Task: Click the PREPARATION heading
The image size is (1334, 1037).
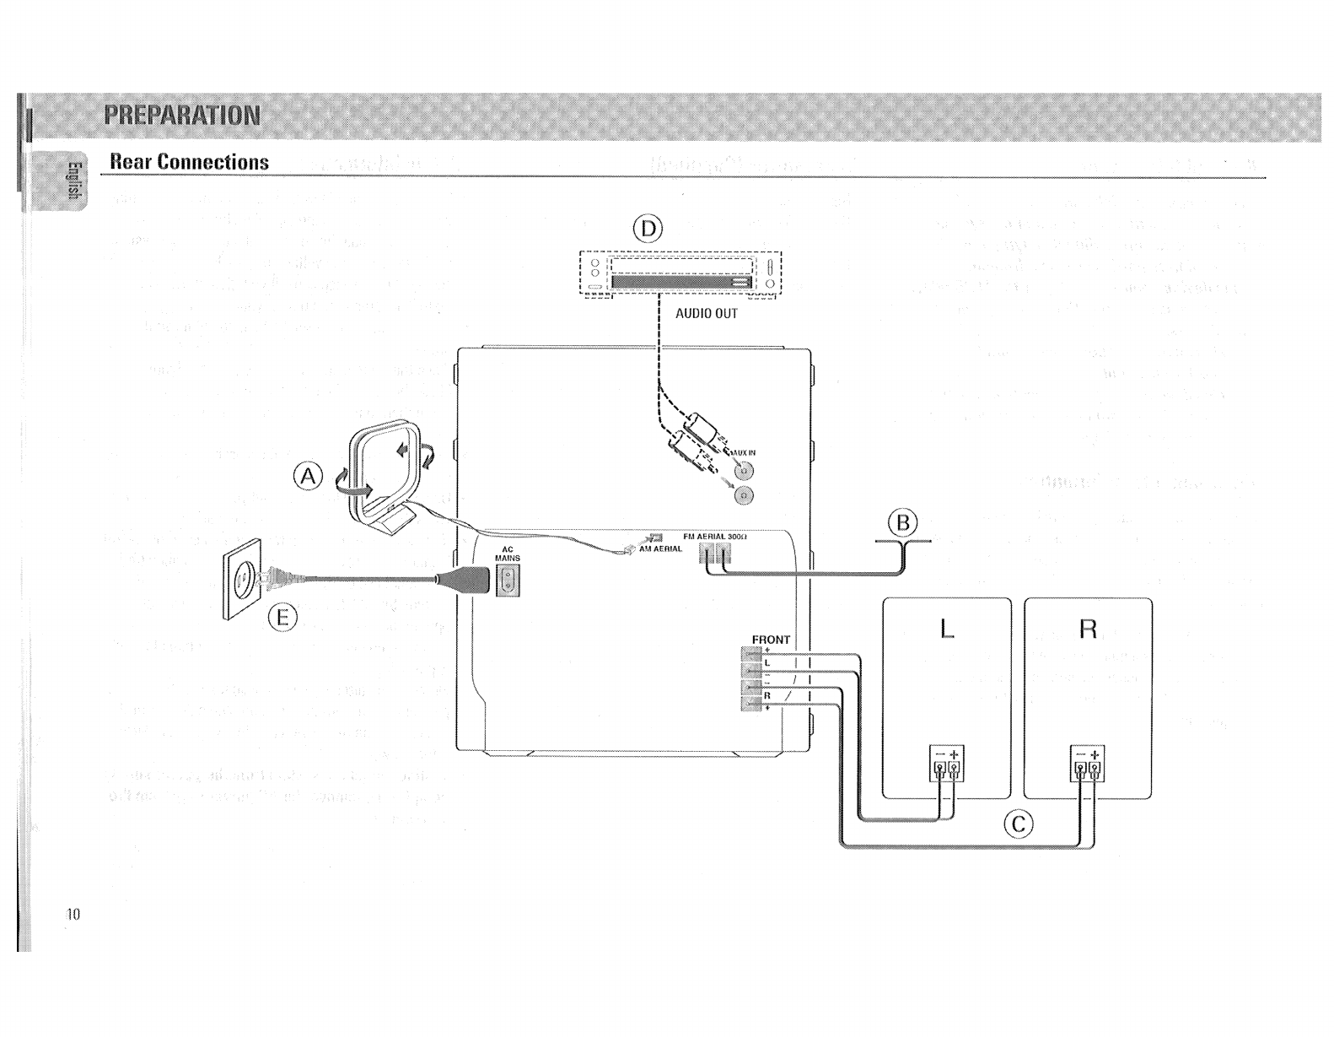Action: click(181, 115)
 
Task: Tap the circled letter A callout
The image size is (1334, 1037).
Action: click(309, 477)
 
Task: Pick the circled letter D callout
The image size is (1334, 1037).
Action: click(648, 229)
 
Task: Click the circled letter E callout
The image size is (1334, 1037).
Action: click(282, 618)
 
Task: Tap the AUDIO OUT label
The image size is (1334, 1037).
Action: click(707, 314)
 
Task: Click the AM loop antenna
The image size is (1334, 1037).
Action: click(384, 477)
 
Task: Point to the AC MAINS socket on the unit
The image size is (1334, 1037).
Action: click(508, 580)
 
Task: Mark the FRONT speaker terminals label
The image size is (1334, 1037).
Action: click(770, 640)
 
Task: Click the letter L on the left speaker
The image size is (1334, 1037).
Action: click(947, 629)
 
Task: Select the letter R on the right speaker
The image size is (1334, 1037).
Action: click(1088, 629)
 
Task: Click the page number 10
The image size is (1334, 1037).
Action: click(73, 914)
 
